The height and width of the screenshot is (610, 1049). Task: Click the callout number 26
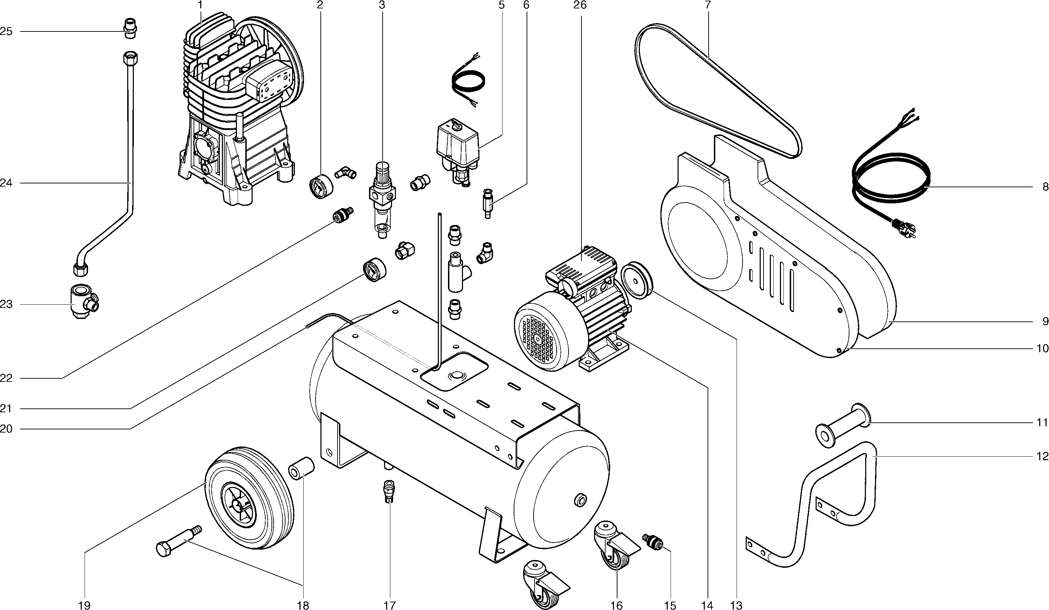click(x=579, y=5)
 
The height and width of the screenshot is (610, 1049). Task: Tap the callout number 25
click(x=6, y=32)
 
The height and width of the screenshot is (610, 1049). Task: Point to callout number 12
click(x=1042, y=457)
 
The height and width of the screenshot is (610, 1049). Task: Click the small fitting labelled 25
click(x=131, y=28)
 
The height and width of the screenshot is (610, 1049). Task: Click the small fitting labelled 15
click(x=652, y=542)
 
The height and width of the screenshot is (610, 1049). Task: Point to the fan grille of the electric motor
click(x=537, y=339)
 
